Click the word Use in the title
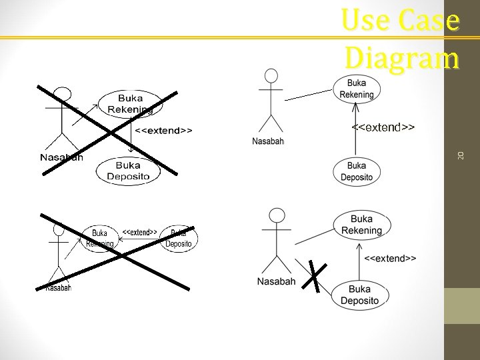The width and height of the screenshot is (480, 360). click(x=365, y=21)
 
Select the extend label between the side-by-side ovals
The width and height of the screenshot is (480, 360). click(x=139, y=233)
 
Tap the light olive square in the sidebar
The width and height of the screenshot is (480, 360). click(x=461, y=305)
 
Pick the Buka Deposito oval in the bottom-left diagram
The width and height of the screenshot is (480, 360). click(x=179, y=238)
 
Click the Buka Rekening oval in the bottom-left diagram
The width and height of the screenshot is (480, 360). click(x=99, y=238)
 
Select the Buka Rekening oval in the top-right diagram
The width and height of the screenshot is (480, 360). click(x=357, y=89)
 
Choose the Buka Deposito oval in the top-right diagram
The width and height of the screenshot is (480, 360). click(x=357, y=171)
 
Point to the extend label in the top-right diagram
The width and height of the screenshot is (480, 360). click(x=383, y=127)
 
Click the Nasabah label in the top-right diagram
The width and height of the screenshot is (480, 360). click(x=269, y=141)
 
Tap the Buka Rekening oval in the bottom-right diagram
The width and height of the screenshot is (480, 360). click(x=361, y=225)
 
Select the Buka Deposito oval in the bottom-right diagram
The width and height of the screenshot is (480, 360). click(x=359, y=294)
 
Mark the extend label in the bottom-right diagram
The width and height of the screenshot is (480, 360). click(x=391, y=258)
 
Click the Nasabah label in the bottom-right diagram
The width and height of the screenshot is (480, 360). click(x=276, y=281)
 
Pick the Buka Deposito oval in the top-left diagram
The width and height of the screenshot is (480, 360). click(x=128, y=171)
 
